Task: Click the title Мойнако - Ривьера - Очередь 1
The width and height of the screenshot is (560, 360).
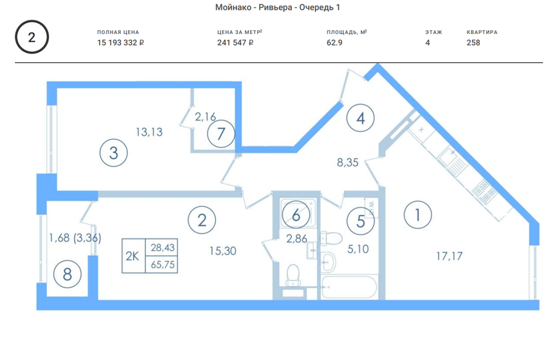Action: click(276, 7)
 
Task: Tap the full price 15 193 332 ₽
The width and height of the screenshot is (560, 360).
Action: click(120, 42)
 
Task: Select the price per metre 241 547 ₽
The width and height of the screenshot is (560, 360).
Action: click(235, 42)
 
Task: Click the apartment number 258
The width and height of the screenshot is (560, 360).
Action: click(473, 42)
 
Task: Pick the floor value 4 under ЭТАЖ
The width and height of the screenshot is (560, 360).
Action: click(428, 42)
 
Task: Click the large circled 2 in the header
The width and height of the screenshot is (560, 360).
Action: click(32, 37)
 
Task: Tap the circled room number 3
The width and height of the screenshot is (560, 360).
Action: click(114, 153)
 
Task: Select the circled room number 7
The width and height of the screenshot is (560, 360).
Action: click(221, 134)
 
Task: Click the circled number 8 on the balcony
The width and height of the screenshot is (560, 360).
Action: click(68, 274)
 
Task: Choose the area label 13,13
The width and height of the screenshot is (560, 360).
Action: click(149, 132)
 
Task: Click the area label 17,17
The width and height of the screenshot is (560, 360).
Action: click(449, 255)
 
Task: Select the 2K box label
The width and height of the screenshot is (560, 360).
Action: click(132, 255)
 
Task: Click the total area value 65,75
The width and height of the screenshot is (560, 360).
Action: click(163, 264)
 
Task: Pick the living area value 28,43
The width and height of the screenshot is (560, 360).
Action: click(163, 247)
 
